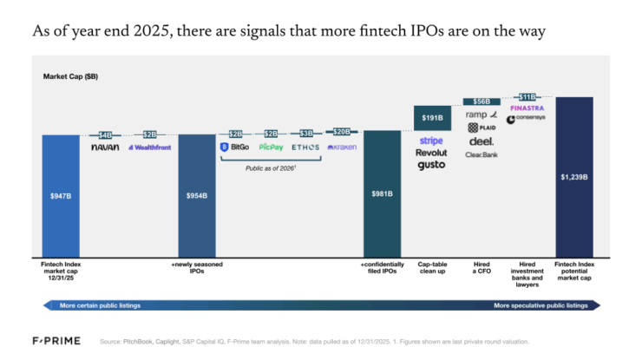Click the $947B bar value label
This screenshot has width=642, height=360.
click(x=61, y=195)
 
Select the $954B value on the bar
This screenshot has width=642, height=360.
click(x=197, y=195)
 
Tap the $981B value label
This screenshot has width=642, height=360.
click(x=383, y=195)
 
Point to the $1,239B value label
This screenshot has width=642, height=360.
click(x=573, y=176)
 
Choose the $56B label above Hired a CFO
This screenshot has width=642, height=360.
click(x=481, y=101)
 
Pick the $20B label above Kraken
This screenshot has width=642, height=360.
click(x=342, y=132)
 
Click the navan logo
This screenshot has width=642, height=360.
click(x=105, y=147)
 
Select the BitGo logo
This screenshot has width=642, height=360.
click(x=235, y=147)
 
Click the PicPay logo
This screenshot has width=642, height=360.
click(x=270, y=147)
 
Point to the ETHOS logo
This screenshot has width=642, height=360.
click(x=305, y=147)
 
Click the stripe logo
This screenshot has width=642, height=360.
click(x=431, y=140)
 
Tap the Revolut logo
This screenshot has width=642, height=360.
click(x=431, y=153)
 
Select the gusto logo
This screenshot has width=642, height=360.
click(x=431, y=165)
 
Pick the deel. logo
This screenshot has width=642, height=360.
click(x=481, y=141)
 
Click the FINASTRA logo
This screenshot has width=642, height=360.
click(x=527, y=108)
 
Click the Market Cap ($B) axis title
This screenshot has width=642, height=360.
click(x=70, y=77)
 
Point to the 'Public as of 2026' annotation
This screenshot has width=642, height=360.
click(x=270, y=169)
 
